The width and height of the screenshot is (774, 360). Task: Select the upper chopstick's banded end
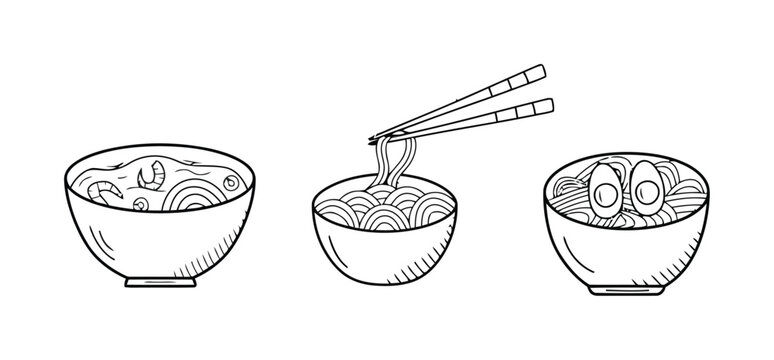[x=529, y=72]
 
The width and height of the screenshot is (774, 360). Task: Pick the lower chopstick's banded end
[x=537, y=104]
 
